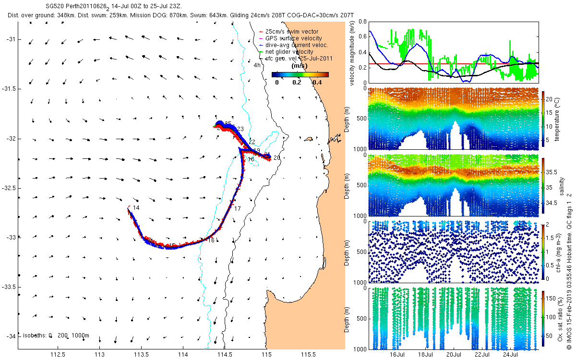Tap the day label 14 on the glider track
coord(136,208)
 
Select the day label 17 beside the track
coord(237,208)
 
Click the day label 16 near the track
coord(211,240)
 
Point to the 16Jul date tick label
coord(397,355)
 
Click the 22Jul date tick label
coord(482,355)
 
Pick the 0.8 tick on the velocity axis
coord(362,22)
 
